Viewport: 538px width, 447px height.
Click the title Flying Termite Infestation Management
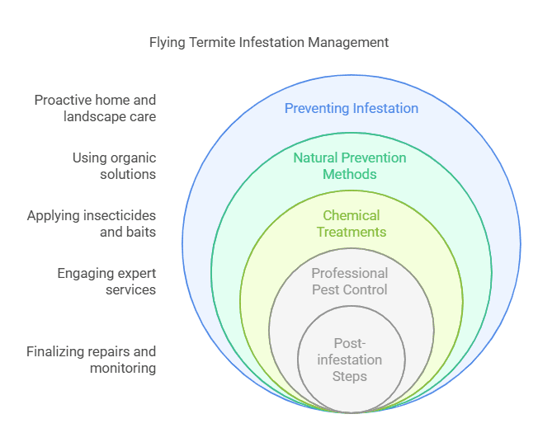(x=269, y=42)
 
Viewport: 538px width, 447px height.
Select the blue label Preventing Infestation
(x=352, y=108)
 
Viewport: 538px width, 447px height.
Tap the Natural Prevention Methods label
(x=350, y=166)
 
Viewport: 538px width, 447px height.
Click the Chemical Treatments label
(x=352, y=223)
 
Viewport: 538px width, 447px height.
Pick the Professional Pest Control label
(x=350, y=280)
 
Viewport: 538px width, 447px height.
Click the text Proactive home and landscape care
(x=94, y=108)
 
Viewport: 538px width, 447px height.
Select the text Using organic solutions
(x=114, y=166)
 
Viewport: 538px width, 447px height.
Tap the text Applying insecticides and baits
(x=91, y=223)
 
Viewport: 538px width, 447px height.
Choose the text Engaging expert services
(x=106, y=281)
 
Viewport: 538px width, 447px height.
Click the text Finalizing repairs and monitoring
(x=91, y=360)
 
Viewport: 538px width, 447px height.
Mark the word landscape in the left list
(x=93, y=116)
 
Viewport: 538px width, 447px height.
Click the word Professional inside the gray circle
(x=350, y=273)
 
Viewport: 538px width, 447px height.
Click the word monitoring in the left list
(x=123, y=368)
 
